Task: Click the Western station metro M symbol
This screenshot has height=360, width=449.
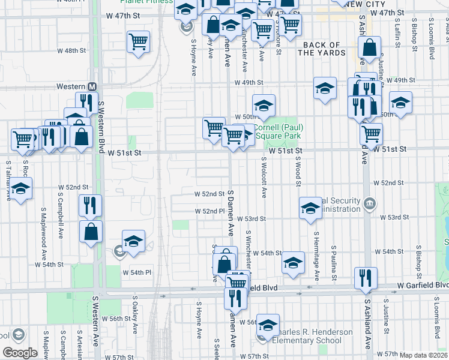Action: (92, 87)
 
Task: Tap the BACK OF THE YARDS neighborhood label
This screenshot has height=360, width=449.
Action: (322, 49)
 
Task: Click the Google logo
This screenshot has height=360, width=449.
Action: (20, 352)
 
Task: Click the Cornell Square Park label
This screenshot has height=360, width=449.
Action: (277, 131)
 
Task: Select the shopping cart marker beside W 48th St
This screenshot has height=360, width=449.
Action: (138, 41)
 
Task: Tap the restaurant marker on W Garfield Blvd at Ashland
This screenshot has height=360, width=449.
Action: (365, 278)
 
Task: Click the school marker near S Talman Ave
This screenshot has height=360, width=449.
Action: (21, 189)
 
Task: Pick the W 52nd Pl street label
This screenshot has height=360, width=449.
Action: (209, 211)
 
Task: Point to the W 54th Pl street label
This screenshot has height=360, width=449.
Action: (137, 272)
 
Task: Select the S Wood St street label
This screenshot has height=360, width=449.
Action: (298, 162)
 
